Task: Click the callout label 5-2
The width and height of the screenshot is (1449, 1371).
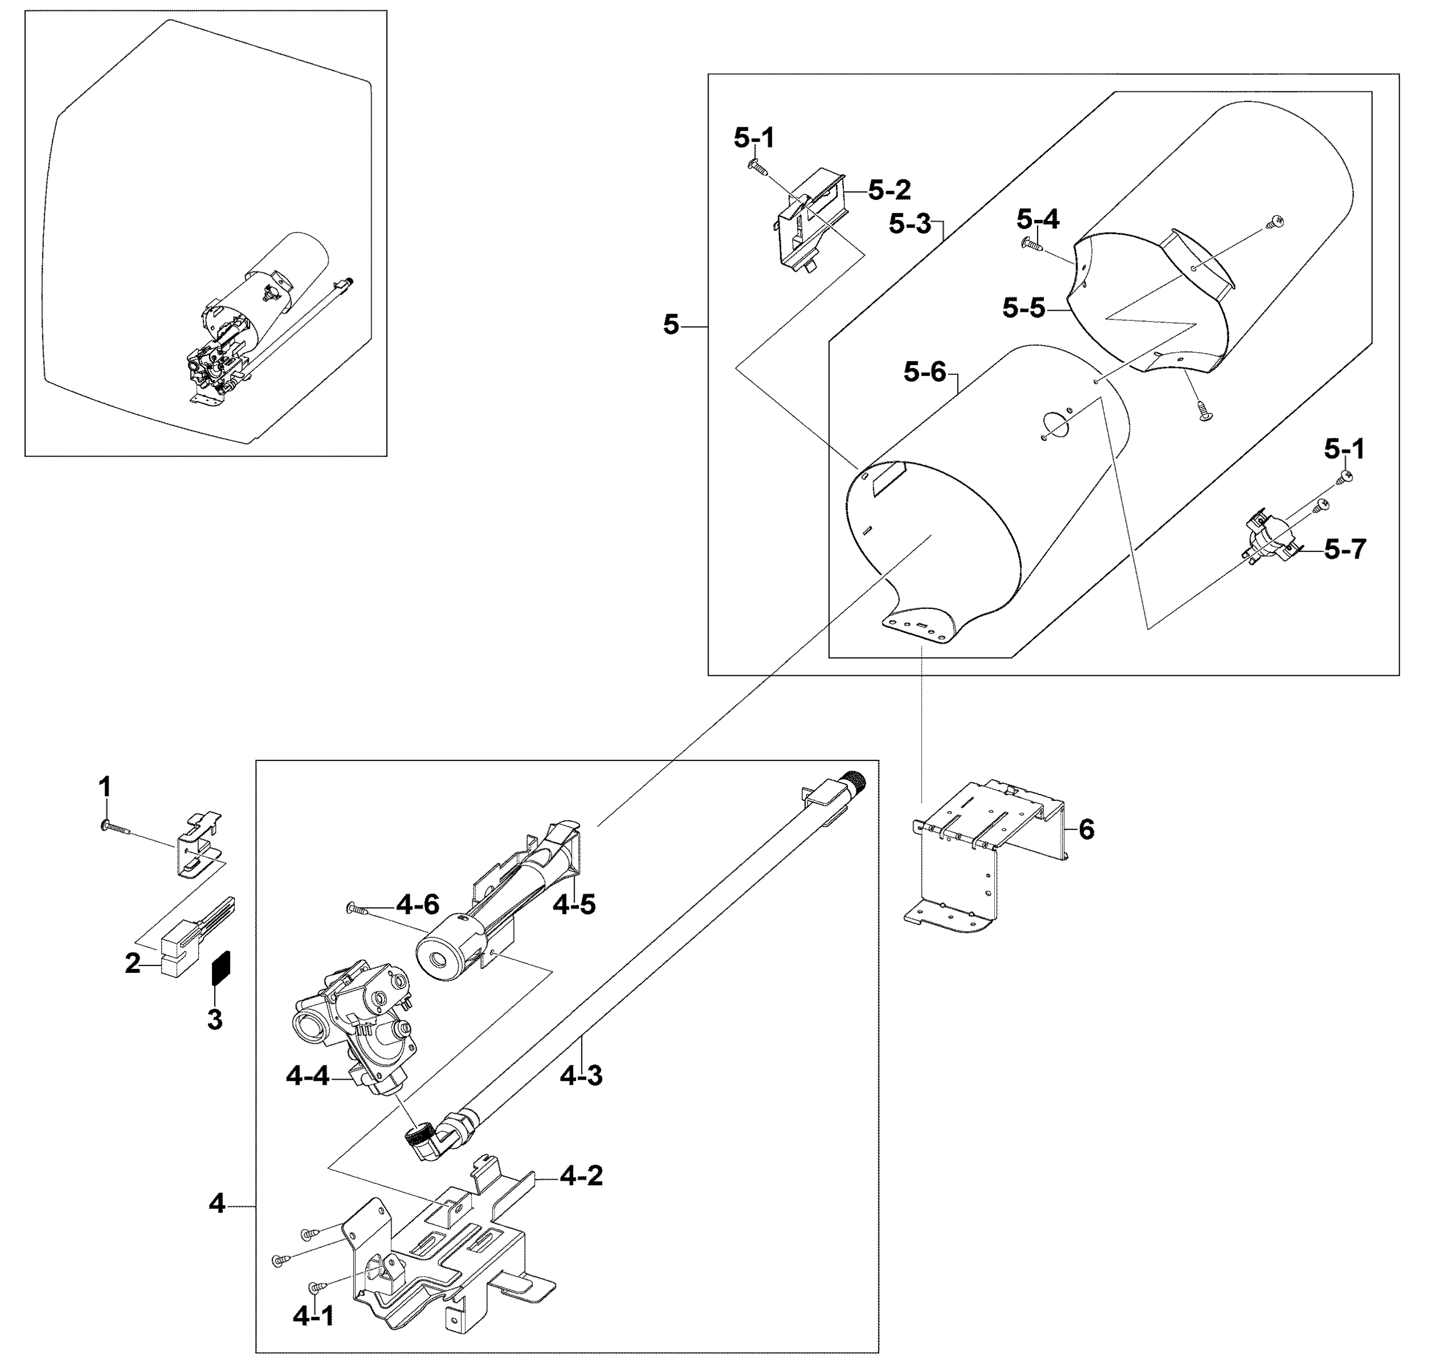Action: click(x=890, y=191)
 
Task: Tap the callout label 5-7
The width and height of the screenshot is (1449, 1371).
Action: click(x=1344, y=549)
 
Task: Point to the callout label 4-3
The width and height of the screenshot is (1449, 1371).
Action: click(x=581, y=1076)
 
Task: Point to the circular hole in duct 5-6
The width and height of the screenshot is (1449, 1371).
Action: click(x=1055, y=422)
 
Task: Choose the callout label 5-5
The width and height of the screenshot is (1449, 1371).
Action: click(x=1023, y=308)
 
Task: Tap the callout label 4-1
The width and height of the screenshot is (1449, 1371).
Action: click(x=313, y=1316)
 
